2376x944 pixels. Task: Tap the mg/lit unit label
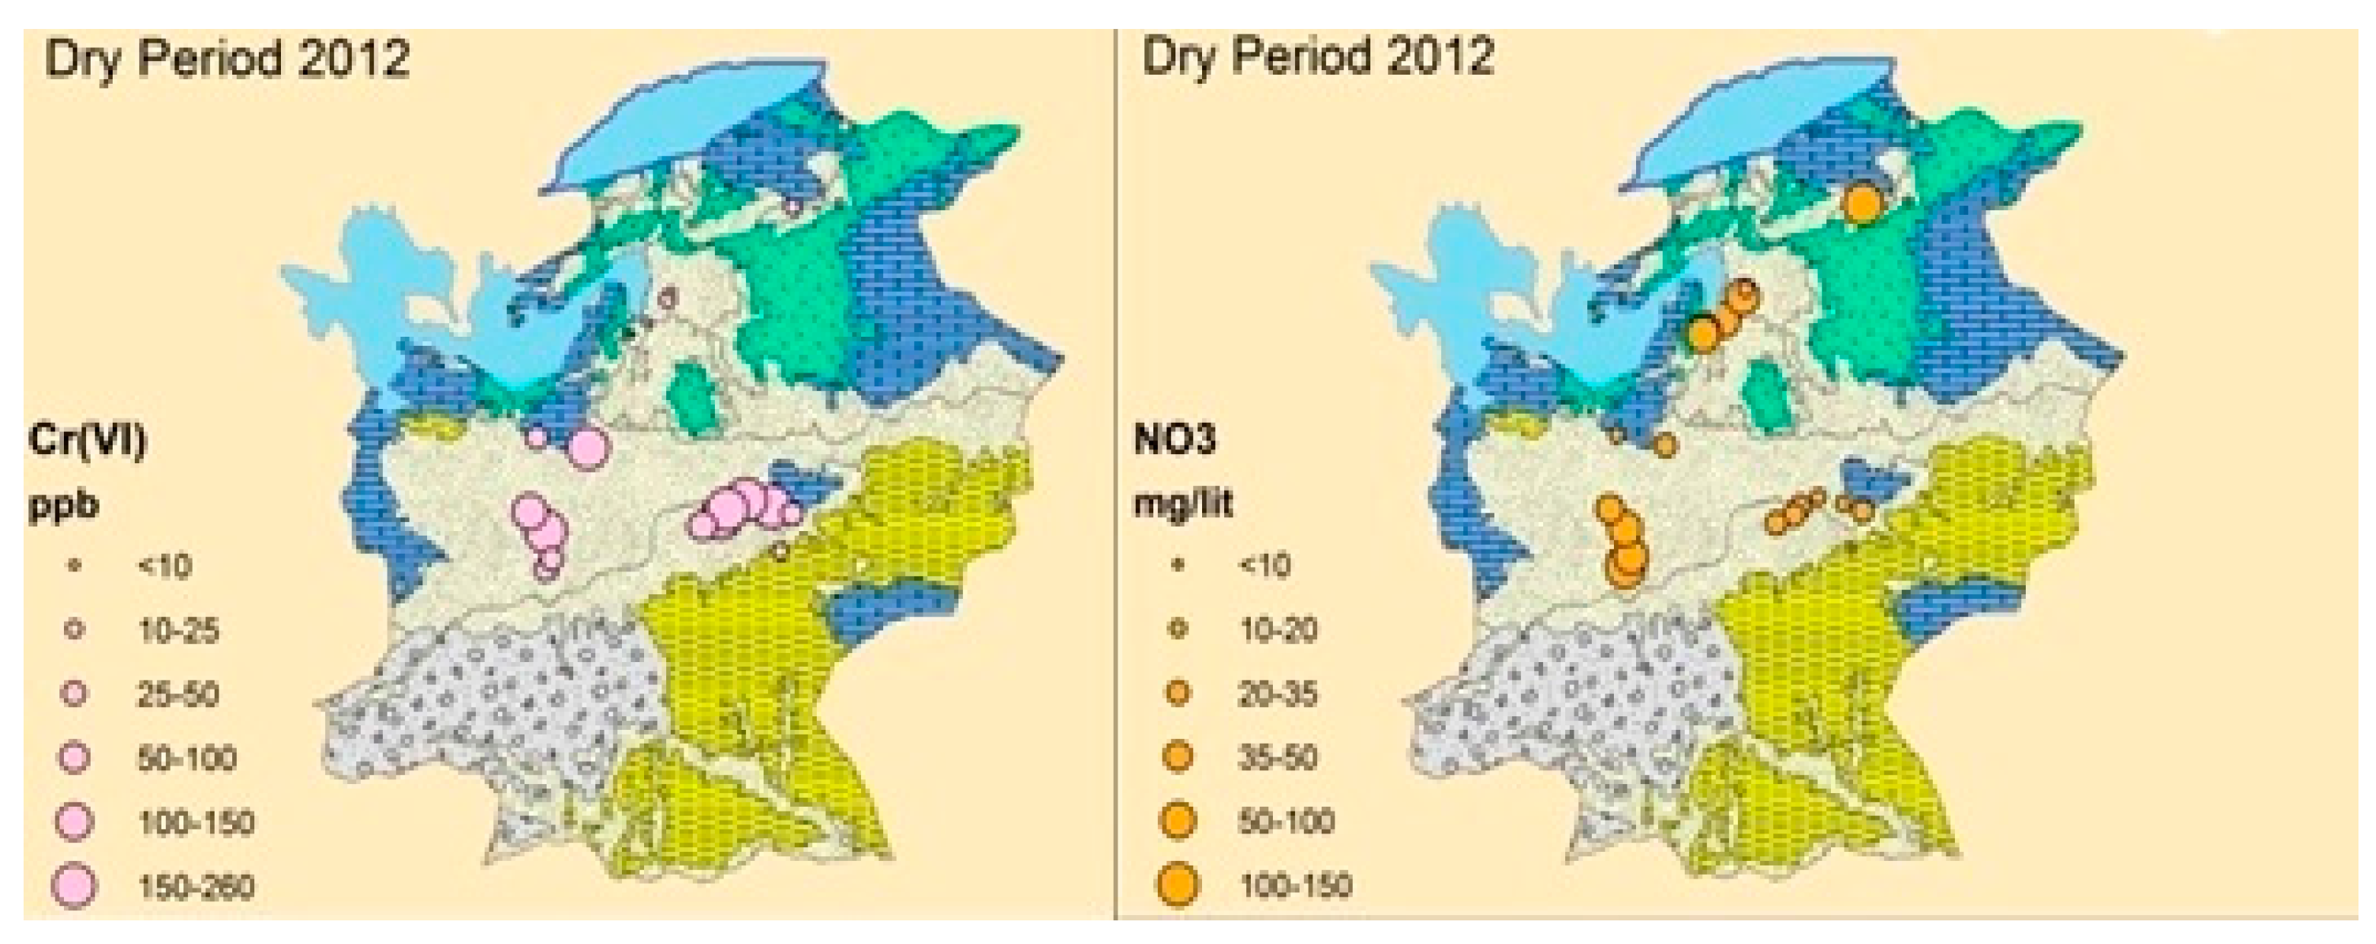coord(1183,504)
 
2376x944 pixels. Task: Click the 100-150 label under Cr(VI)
coord(196,822)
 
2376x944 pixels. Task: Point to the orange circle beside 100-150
coord(1178,884)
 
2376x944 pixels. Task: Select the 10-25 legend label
coord(178,631)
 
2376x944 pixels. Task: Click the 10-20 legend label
coord(1277,629)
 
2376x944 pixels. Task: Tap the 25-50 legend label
coord(178,695)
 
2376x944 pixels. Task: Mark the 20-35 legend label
coord(1277,694)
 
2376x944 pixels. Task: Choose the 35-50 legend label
coord(1277,757)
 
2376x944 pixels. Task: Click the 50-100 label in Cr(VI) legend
coord(187,759)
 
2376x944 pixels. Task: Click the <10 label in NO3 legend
coord(1264,565)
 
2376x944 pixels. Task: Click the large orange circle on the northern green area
coord(1861,202)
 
